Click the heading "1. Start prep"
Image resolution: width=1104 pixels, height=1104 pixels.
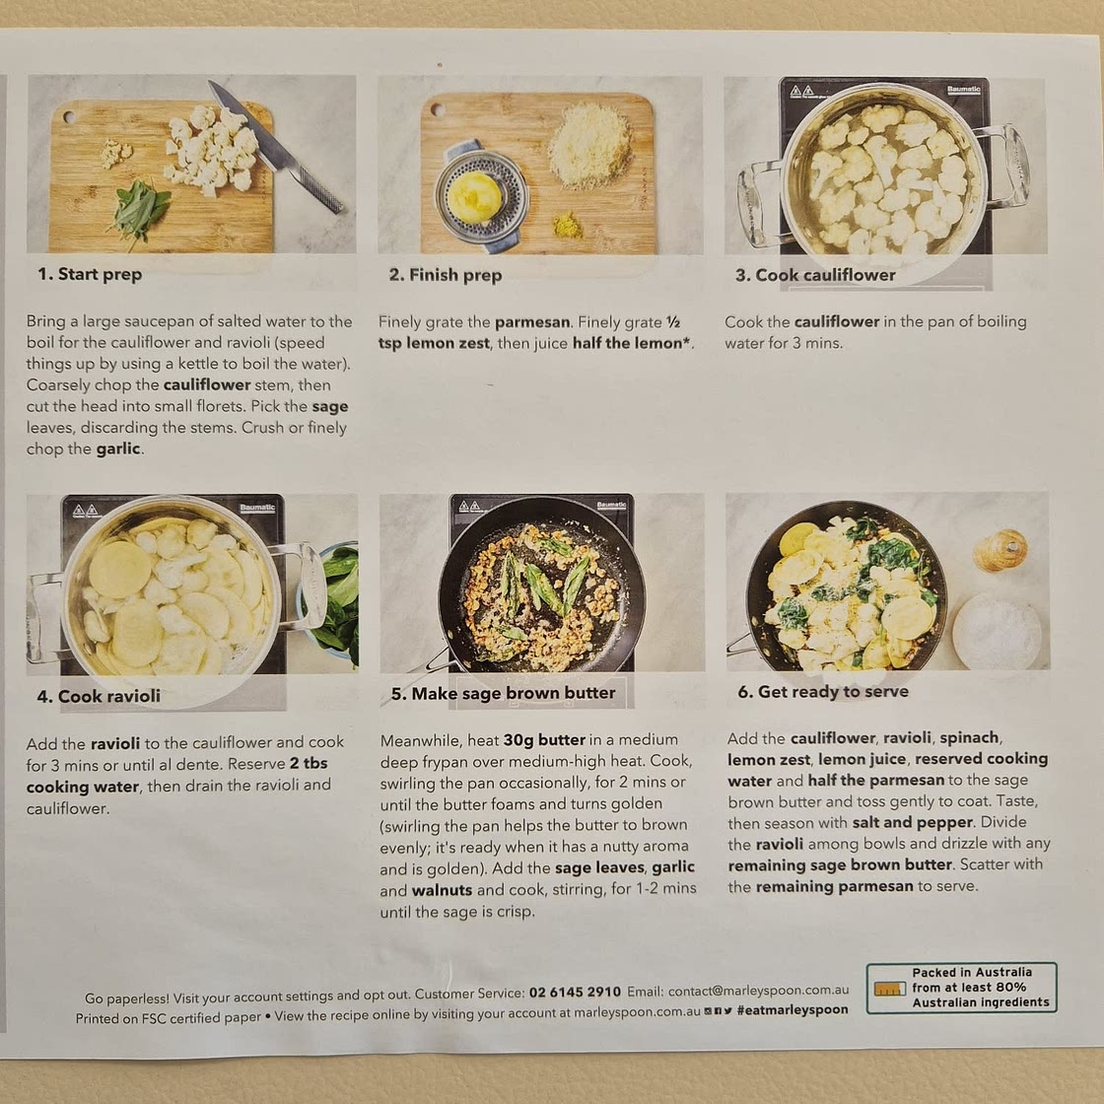tap(90, 274)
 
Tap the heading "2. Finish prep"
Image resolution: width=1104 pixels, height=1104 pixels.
tap(445, 275)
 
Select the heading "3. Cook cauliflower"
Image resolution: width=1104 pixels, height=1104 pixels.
tap(815, 275)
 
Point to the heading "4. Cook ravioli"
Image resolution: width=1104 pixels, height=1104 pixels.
tap(99, 696)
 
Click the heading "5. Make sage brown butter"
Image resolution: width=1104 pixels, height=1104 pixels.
tap(503, 693)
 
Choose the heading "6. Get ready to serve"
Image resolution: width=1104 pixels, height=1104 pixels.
tap(823, 691)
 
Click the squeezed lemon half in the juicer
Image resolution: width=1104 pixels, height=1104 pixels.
tap(474, 197)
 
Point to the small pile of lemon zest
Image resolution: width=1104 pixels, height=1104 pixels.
tap(568, 226)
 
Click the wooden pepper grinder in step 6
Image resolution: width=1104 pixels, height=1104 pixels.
tap(1000, 550)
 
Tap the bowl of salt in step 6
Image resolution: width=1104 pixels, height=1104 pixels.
tap(997, 631)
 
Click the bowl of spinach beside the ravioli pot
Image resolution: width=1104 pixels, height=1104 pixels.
tap(334, 602)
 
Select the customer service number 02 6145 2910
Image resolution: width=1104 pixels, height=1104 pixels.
tap(575, 992)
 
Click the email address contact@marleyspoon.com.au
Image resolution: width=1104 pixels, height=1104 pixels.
tap(758, 990)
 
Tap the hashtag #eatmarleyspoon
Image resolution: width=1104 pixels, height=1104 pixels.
tap(793, 1009)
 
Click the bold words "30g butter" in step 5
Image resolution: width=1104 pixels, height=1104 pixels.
tap(544, 740)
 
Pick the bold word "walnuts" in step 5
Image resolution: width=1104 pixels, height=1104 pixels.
tap(442, 890)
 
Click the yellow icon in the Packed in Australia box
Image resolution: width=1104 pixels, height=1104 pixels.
tap(889, 989)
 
